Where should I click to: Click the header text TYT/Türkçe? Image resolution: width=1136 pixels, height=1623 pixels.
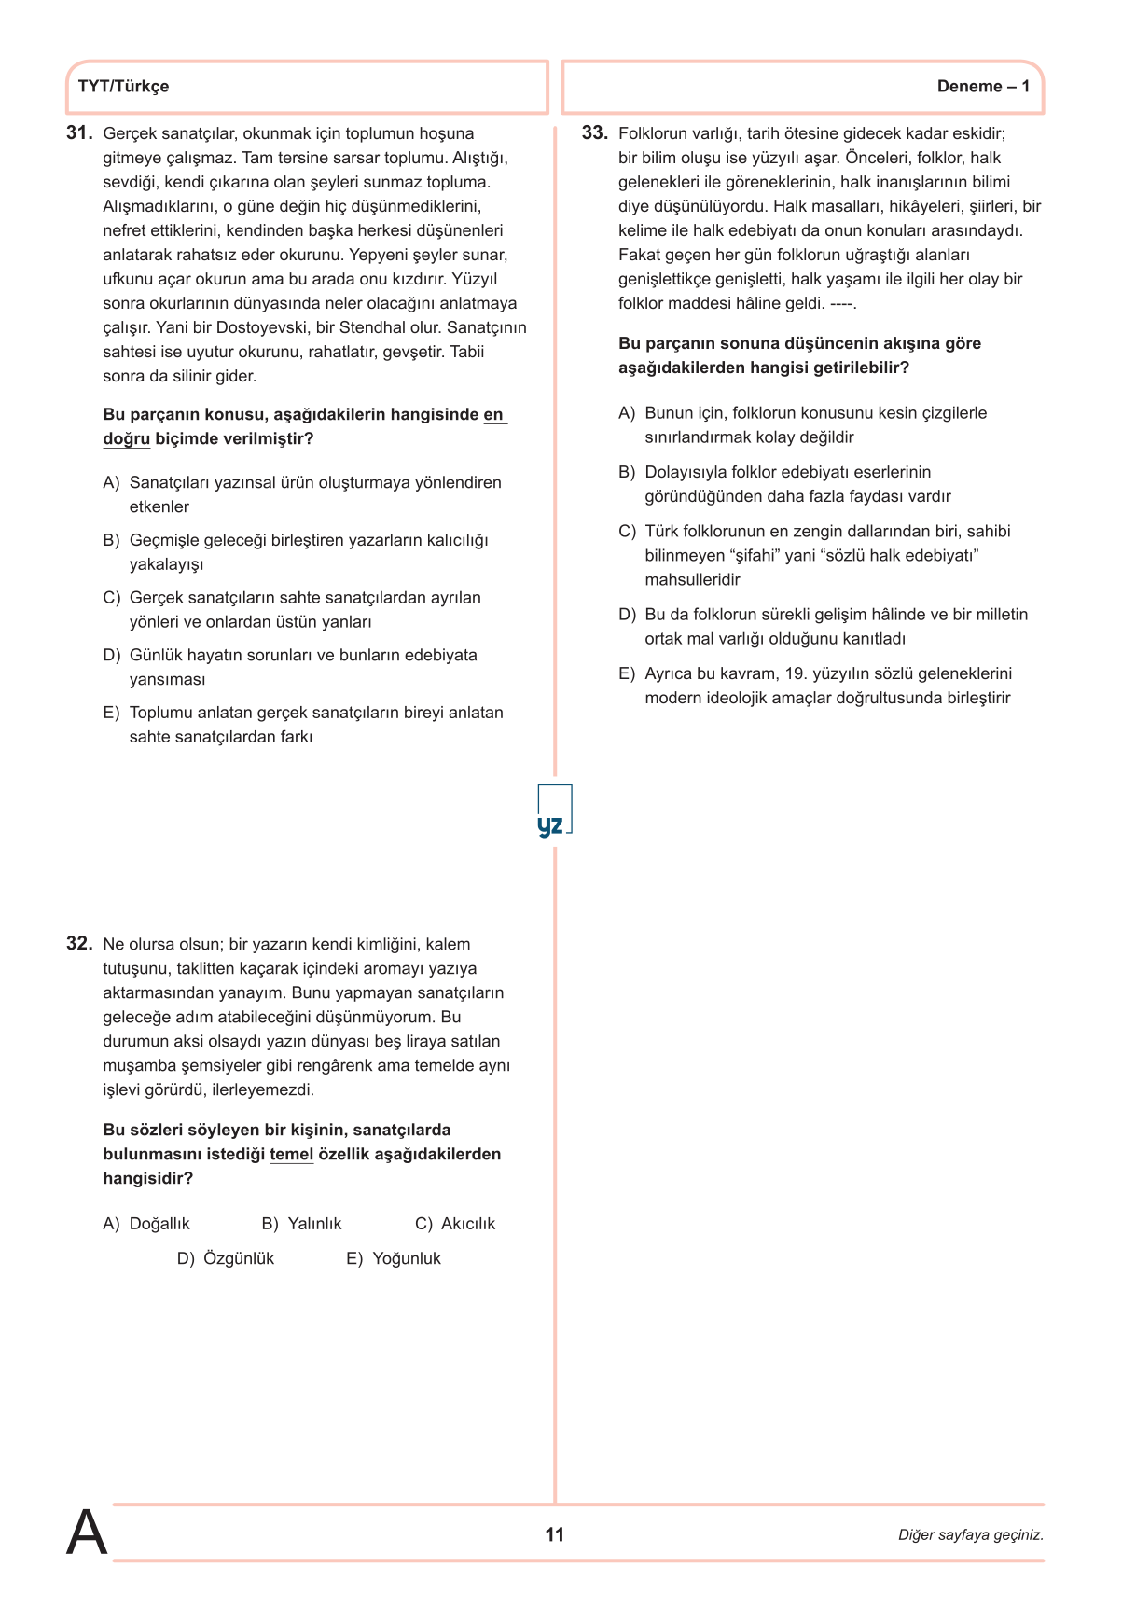[x=123, y=87]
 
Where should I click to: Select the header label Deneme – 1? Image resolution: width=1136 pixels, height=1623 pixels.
[x=983, y=87]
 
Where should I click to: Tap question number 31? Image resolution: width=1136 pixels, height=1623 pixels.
[x=79, y=133]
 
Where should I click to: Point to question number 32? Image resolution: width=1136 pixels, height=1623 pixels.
[x=79, y=944]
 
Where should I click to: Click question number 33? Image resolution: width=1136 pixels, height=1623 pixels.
[x=594, y=133]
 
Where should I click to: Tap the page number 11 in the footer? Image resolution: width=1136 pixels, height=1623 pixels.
[x=554, y=1534]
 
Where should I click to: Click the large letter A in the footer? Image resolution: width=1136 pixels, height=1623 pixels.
[x=87, y=1533]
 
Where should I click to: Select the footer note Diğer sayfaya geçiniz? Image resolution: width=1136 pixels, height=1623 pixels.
[x=970, y=1535]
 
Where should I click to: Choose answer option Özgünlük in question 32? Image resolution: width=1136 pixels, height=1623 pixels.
[x=239, y=1259]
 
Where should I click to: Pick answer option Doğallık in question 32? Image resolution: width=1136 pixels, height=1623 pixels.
[x=159, y=1224]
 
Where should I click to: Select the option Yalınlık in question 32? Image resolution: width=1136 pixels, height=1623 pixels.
[x=314, y=1224]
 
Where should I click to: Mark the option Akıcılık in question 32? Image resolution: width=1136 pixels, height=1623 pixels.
[x=468, y=1224]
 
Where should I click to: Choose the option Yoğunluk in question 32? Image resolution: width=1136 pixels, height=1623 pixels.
[x=407, y=1259]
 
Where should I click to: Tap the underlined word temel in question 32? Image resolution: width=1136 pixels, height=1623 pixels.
[x=291, y=1155]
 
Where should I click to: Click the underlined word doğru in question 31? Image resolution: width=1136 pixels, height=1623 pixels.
[x=126, y=439]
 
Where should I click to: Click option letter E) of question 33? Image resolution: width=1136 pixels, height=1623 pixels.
[x=627, y=674]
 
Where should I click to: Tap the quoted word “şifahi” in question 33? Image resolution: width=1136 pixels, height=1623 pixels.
[x=747, y=556]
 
